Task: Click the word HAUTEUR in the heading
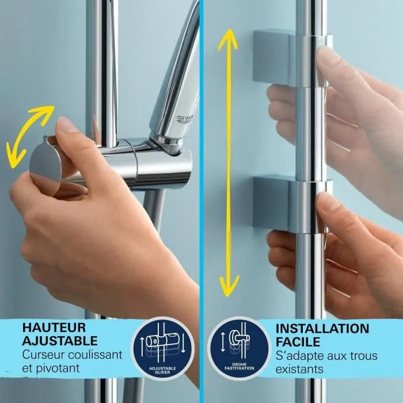pos(49,327)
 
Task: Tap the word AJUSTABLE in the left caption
pos(60,340)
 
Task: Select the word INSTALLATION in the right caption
pos(323,329)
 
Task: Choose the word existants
pos(299,368)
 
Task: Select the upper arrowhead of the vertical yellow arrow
pos(228,37)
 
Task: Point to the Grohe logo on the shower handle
pos(185,119)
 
